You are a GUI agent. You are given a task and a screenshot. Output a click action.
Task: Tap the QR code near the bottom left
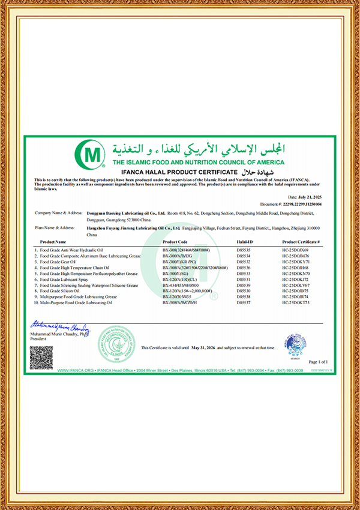41,358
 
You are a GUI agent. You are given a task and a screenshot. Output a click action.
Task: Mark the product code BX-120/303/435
175,296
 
